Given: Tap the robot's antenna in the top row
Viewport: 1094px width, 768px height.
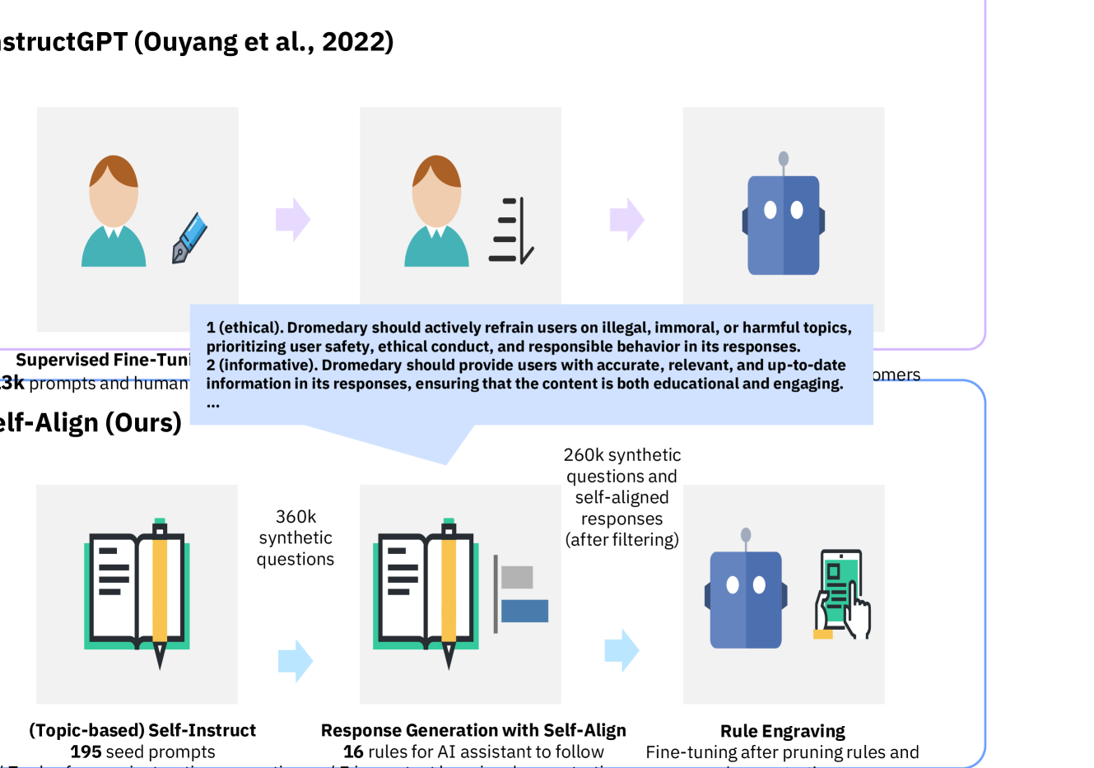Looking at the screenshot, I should (x=783, y=160).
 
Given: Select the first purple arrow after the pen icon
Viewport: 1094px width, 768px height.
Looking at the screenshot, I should (x=292, y=220).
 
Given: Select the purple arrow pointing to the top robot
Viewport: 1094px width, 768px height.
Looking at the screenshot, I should (x=626, y=220).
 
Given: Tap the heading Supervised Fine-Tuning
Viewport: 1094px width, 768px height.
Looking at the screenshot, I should (x=103, y=360).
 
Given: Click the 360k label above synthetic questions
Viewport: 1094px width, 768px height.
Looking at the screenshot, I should (x=296, y=516).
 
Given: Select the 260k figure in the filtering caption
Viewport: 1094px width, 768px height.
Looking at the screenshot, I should (x=581, y=455).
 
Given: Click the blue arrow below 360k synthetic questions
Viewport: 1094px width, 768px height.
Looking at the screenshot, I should (x=296, y=660).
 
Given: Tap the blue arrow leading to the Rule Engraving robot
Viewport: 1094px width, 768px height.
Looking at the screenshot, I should (x=621, y=650).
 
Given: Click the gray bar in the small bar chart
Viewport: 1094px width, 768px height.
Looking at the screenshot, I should (x=517, y=577).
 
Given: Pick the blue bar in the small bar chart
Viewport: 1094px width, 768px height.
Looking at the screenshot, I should (x=524, y=611).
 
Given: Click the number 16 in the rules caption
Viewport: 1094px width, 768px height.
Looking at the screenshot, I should (x=353, y=752).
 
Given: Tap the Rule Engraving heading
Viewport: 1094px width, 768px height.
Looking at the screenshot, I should (x=782, y=731).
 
